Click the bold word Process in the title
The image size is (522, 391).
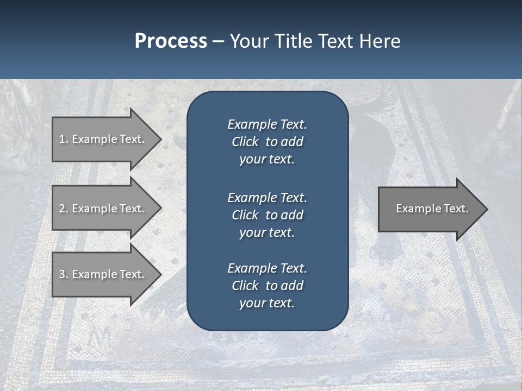(171, 41)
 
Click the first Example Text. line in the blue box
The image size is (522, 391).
(267, 124)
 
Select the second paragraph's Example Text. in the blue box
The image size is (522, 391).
(267, 197)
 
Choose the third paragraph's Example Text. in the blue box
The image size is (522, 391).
(267, 268)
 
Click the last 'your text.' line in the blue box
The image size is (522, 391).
(267, 303)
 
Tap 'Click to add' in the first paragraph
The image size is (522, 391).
(267, 142)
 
